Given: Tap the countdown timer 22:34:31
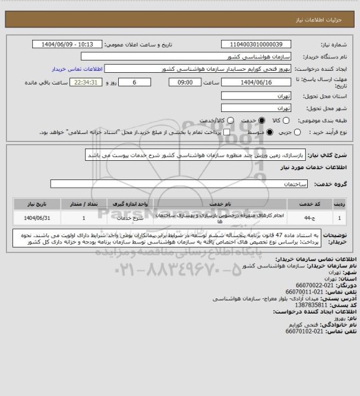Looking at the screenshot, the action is pos(85,82).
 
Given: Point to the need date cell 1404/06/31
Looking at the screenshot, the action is pos(37,217).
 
